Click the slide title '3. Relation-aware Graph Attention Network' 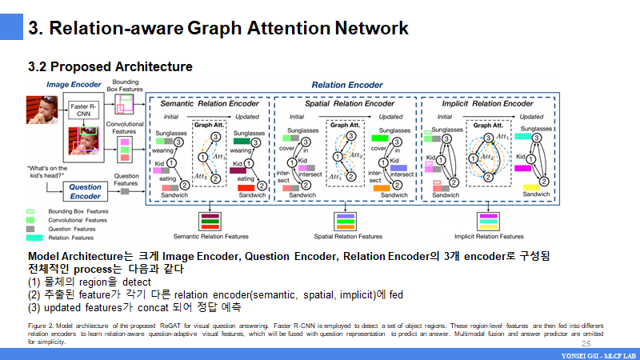pyautogui.click(x=218, y=29)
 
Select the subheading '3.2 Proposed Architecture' pyautogui.click(x=110, y=66)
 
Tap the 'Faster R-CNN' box pyautogui.click(x=83, y=110)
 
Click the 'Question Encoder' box pyautogui.click(x=86, y=192)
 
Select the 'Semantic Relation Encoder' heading pyautogui.click(x=210, y=104)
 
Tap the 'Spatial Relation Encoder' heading pyautogui.click(x=346, y=104)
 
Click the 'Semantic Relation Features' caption pyautogui.click(x=211, y=237)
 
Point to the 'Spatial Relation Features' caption pyautogui.click(x=347, y=237)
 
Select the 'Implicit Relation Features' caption pyautogui.click(x=488, y=237)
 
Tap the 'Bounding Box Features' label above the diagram pyautogui.click(x=125, y=86)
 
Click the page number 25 pyautogui.click(x=586, y=343)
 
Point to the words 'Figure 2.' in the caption pyautogui.click(x=41, y=326)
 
